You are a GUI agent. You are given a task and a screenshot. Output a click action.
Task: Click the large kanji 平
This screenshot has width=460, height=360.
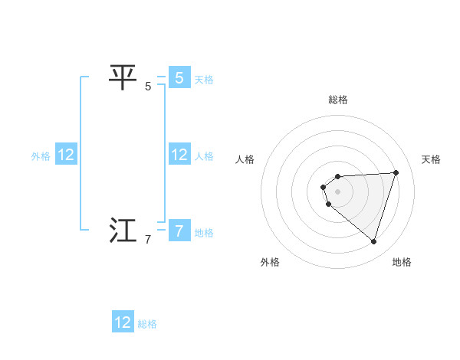point(123,77)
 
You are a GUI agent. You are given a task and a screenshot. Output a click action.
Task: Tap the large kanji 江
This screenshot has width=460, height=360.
point(123,231)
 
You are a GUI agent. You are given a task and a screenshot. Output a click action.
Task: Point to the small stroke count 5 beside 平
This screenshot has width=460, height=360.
point(148,87)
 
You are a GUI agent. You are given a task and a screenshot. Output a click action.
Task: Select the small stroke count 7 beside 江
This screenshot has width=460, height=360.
point(148,240)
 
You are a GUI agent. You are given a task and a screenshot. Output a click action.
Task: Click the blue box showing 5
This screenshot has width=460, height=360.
point(179,77)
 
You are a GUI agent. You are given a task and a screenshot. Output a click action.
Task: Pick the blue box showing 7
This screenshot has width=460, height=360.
point(179,231)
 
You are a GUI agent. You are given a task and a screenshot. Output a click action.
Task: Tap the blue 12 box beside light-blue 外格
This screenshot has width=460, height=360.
point(66,155)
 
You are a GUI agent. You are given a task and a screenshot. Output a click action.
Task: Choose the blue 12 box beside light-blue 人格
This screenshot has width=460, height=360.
point(179,155)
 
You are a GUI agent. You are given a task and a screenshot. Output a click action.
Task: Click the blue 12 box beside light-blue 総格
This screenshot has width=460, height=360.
point(123,322)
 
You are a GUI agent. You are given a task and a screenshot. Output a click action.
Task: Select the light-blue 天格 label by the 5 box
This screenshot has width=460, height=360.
point(204,79)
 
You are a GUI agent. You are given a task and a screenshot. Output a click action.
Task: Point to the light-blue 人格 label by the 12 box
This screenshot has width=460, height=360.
point(204,156)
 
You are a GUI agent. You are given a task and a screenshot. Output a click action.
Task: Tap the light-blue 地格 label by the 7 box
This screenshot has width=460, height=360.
point(204,232)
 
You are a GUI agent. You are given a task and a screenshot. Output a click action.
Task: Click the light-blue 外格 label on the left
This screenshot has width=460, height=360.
point(41,156)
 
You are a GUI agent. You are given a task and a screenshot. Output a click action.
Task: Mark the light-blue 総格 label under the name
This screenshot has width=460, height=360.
point(147,324)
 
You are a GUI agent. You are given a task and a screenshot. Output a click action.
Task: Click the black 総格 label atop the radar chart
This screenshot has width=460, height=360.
point(338,100)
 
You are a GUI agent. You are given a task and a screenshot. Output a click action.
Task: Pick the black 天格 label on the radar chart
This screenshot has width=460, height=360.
point(432,159)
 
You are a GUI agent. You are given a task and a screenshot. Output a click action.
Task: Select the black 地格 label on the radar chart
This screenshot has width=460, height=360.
point(402,262)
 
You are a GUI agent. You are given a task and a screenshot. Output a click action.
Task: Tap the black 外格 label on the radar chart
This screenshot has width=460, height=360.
point(270,262)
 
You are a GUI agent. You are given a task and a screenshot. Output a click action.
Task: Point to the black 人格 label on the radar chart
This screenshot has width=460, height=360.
point(245,159)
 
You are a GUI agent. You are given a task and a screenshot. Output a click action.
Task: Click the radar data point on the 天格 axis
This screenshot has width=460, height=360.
point(396,172)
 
